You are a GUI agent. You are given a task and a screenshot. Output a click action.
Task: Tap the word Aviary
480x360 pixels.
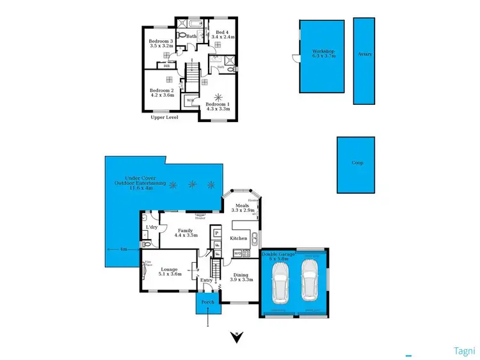[x=365, y=54]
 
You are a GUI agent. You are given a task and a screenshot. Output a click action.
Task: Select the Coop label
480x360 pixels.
[x=358, y=162]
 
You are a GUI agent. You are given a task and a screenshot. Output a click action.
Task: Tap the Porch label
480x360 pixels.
[x=207, y=302]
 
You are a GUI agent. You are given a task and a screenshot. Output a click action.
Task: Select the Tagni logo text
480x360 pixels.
[x=463, y=350]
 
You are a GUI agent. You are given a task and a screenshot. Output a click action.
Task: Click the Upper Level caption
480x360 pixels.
[x=164, y=118]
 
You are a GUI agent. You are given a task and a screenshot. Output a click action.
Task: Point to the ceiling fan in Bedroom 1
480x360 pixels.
[x=221, y=97]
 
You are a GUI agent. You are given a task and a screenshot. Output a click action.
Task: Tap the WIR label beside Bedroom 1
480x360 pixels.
[x=190, y=100]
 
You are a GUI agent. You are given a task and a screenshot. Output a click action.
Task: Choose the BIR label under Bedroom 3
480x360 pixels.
[x=167, y=65]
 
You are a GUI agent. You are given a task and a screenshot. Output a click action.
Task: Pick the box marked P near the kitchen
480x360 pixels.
[x=217, y=233]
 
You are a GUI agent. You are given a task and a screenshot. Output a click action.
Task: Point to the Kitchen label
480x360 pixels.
[x=239, y=239]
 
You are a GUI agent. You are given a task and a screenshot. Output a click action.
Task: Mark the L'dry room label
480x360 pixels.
[x=152, y=227]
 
